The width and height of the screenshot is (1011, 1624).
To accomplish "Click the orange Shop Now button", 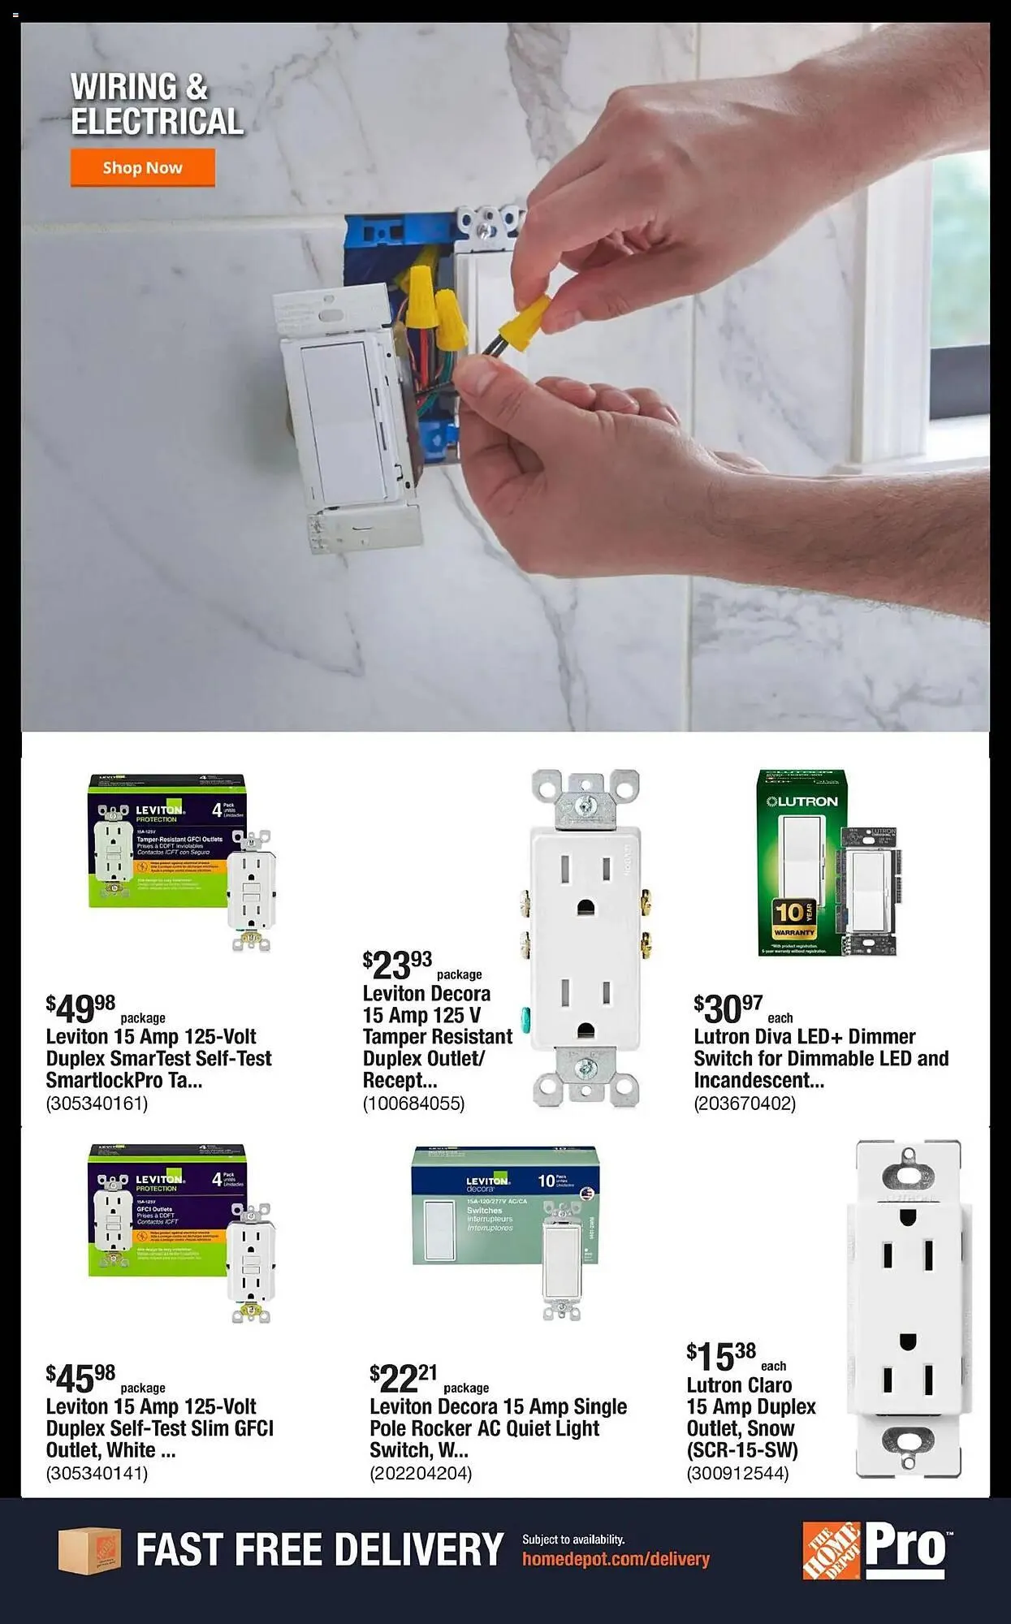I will (142, 167).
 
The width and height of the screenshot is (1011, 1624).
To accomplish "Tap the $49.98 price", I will (80, 1009).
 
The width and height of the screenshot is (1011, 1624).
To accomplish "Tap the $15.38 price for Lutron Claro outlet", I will (721, 1356).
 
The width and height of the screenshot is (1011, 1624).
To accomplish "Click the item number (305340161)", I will (97, 1104).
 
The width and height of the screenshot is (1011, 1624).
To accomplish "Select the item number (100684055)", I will (413, 1104).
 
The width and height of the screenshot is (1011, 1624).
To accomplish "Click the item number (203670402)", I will (745, 1104).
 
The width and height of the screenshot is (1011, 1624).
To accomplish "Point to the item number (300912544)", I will (737, 1473).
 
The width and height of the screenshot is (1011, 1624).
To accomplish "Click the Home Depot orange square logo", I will (831, 1551).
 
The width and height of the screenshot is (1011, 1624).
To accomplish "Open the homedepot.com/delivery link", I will (616, 1559).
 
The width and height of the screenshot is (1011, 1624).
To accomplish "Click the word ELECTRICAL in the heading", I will (157, 122).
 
